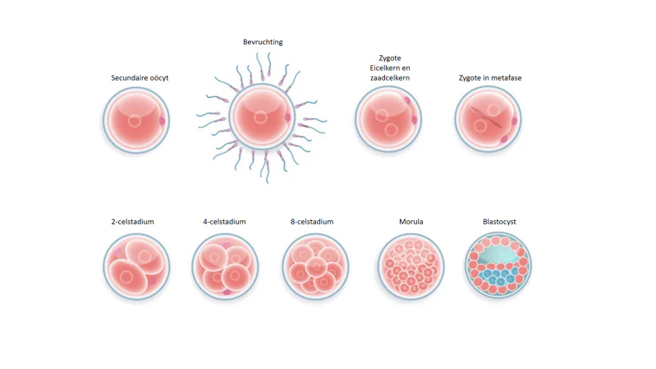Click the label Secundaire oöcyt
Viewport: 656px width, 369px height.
click(x=140, y=78)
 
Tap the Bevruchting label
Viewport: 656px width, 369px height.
click(x=263, y=42)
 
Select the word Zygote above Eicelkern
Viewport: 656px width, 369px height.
click(x=389, y=58)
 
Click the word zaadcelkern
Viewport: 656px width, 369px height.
click(x=389, y=78)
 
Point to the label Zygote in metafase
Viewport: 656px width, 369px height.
click(x=490, y=78)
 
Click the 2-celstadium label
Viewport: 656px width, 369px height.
click(x=133, y=222)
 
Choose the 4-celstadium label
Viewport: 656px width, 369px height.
click(x=225, y=222)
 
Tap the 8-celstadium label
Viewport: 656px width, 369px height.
click(x=312, y=222)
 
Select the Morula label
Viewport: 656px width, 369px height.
click(x=411, y=222)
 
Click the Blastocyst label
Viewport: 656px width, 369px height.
click(x=499, y=222)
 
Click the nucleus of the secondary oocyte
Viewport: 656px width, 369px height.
click(x=135, y=121)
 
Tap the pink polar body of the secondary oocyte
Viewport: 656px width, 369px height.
click(x=163, y=121)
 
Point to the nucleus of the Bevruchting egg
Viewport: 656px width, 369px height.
click(x=260, y=118)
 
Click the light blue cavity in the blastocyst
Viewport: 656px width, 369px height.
click(x=498, y=254)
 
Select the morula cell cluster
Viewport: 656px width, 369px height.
click(x=411, y=266)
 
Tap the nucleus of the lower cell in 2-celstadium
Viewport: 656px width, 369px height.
click(x=126, y=277)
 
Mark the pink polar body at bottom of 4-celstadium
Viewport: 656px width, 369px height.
click(x=227, y=292)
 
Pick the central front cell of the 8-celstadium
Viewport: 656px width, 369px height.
click(x=316, y=267)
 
